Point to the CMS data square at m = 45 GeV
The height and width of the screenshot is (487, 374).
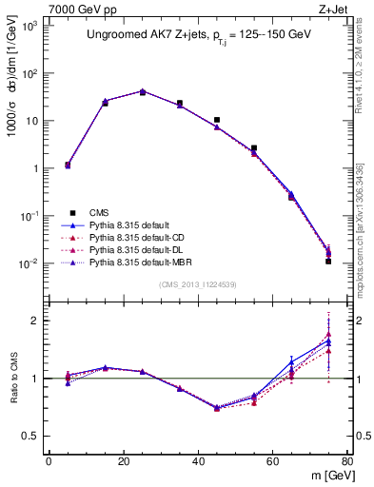pos(217,120)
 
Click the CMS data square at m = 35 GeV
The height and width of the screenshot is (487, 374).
pos(180,103)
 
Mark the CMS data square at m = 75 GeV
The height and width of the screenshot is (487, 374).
pos(328,261)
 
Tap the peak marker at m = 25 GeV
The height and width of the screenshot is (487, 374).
pos(143,92)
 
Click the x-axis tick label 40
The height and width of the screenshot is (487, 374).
pos(198,463)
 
